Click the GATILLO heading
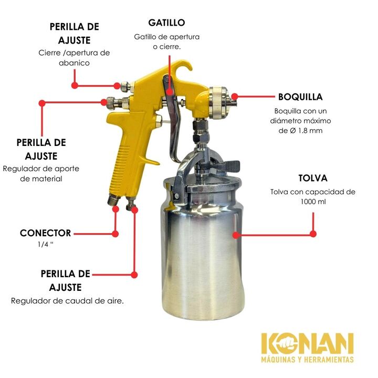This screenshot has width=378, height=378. tap(166, 23)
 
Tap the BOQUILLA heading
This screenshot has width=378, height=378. tap(300, 97)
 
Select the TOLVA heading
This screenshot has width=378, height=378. tap(313, 178)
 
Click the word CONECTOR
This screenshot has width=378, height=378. tap(46, 233)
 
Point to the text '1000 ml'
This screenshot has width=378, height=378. tap(313, 202)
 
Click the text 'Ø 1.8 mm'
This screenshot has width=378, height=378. tap(306, 131)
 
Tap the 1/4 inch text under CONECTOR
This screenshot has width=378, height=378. tap(45, 245)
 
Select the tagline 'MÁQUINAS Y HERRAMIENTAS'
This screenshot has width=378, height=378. tap(307, 360)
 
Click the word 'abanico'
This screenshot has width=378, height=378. tap(74, 63)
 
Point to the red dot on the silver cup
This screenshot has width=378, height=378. tap(236, 235)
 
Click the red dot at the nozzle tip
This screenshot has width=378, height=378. tap(235, 97)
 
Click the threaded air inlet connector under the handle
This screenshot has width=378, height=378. tap(114, 199)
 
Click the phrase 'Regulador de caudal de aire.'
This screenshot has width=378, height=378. tap(68, 301)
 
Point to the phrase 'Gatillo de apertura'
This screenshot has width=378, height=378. tap(167, 37)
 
